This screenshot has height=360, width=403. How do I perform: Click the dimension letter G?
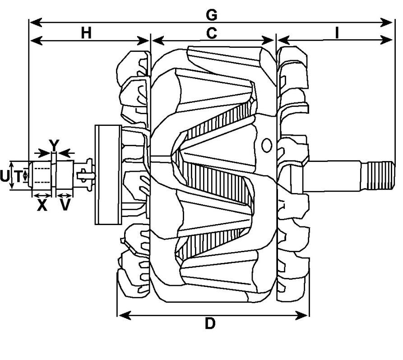(211, 15)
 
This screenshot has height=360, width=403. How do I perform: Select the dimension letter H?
(87, 33)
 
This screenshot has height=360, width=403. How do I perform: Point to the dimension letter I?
(337, 33)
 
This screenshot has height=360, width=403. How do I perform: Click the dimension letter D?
(210, 323)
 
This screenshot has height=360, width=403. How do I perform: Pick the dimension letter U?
(5, 177)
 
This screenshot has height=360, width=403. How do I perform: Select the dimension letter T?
(18, 177)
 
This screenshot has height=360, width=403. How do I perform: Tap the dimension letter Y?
(54, 145)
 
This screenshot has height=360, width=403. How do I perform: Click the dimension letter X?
(42, 206)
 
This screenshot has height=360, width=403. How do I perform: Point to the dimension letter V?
(66, 206)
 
